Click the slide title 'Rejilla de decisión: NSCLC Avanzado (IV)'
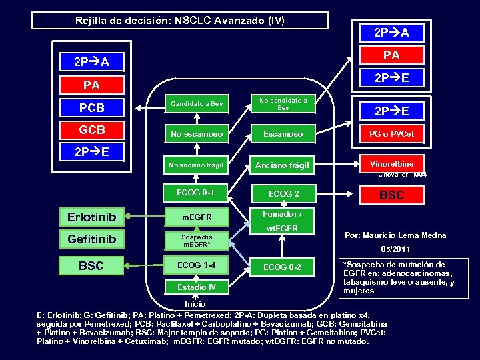pos(180,21)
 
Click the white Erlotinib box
pos(92,217)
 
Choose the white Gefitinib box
pos(92,239)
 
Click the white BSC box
pos(92,265)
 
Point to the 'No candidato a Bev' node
pos(283,104)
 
